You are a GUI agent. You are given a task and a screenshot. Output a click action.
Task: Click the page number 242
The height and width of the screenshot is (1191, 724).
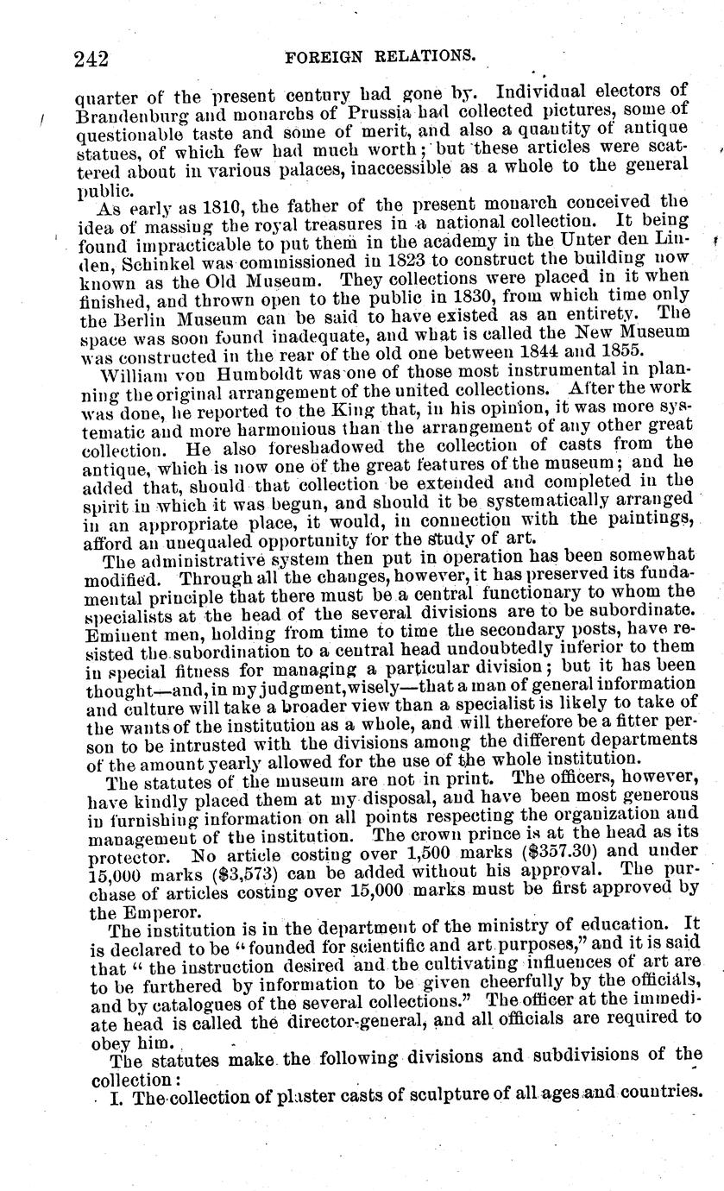pyautogui.click(x=91, y=59)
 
